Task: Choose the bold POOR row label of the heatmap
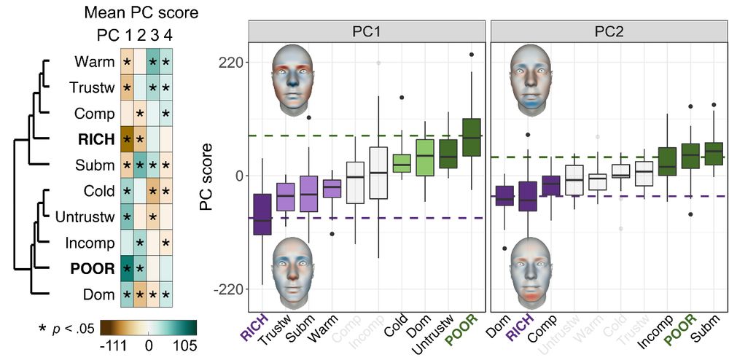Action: [93, 269]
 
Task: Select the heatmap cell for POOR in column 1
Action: [127, 269]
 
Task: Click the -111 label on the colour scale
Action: [113, 345]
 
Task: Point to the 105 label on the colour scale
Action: [183, 345]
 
